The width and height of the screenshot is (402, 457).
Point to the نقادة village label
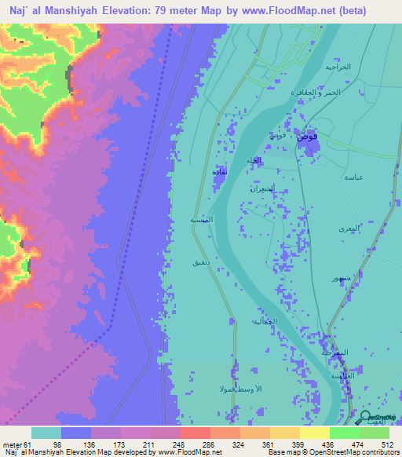[x=221, y=171]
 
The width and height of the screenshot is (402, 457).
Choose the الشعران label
[x=261, y=189]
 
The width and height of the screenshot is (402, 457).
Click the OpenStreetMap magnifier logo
[x=365, y=419]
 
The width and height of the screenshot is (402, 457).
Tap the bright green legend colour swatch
[x=344, y=433]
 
